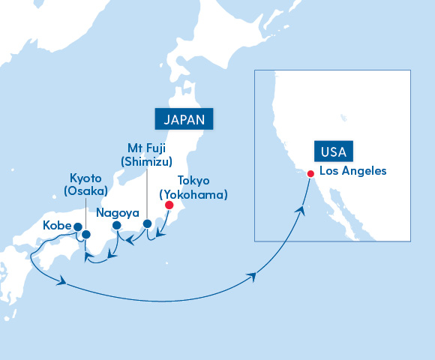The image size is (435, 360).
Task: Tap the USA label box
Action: (333, 152)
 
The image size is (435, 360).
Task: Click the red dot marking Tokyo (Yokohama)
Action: (169, 205)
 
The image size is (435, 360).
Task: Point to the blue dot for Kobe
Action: (78, 226)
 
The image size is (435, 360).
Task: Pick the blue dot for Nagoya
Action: (116, 225)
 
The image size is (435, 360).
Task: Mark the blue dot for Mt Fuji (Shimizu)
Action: (147, 223)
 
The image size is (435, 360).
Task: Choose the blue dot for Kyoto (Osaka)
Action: (86, 235)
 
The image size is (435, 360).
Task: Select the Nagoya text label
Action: (118, 213)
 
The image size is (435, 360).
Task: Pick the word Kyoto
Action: (85, 177)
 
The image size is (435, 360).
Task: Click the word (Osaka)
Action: (85, 191)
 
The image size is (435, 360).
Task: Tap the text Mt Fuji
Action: (147, 147)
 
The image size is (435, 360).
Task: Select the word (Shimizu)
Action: (147, 161)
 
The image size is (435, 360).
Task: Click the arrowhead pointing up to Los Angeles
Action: (303, 211)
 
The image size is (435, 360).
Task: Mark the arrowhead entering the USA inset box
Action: (252, 277)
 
